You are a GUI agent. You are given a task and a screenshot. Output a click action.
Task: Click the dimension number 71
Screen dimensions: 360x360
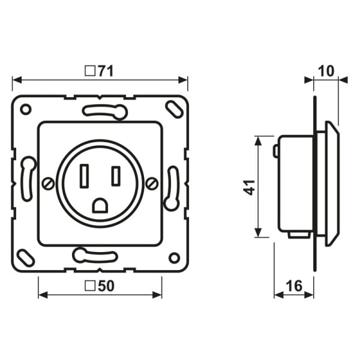click(x=106, y=71)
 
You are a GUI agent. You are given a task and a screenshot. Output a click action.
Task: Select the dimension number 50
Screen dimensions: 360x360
click(x=106, y=286)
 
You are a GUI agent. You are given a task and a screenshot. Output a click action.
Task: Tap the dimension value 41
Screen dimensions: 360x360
click(x=249, y=188)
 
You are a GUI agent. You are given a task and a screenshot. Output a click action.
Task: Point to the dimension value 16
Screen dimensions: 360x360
click(x=295, y=286)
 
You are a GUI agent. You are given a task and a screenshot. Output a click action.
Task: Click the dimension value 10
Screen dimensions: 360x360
click(x=326, y=71)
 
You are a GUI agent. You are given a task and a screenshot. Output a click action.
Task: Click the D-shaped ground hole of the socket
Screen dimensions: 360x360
click(x=100, y=205)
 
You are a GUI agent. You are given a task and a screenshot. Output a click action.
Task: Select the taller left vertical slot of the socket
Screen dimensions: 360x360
click(x=84, y=176)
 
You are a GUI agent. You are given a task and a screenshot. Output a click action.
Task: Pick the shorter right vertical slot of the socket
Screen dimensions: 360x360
click(x=116, y=176)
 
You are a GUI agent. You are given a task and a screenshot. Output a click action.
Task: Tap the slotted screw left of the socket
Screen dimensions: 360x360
click(x=49, y=184)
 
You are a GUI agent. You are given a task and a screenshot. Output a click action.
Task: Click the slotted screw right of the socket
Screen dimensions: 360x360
click(x=152, y=184)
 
